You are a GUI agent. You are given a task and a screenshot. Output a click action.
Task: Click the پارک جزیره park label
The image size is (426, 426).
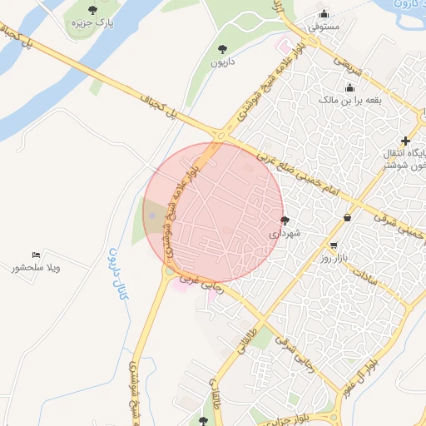[91, 25]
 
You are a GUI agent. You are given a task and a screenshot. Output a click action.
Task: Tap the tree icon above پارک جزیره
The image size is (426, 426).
[92, 11]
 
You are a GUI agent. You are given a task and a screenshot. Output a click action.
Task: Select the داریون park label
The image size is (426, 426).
[222, 62]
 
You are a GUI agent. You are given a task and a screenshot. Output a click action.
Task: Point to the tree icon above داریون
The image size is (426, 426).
[222, 49]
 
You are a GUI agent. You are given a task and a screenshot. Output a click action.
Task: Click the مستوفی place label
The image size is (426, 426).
[324, 27]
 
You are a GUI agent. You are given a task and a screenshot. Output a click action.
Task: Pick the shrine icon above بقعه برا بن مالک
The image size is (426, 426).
[350, 87]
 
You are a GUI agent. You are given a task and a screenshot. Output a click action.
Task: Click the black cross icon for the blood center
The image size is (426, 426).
[405, 141]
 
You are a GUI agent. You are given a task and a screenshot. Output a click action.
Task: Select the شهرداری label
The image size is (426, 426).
[283, 235]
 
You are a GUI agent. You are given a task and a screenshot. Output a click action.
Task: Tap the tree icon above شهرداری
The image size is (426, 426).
[285, 221]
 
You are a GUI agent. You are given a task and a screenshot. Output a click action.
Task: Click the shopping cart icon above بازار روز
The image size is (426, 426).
[334, 246]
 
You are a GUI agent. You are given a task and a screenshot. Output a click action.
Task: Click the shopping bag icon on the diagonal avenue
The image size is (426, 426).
[346, 218]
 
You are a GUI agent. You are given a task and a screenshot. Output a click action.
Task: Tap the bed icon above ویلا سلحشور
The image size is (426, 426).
[36, 255]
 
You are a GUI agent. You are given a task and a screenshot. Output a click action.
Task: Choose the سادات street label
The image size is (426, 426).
[365, 275]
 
